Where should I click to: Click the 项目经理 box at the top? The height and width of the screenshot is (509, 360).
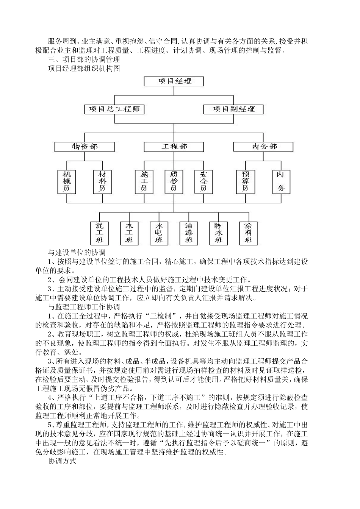(174, 81)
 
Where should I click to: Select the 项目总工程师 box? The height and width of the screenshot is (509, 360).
(114, 109)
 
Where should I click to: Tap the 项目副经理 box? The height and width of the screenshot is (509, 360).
(233, 109)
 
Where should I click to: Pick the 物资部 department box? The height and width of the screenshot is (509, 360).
(85, 147)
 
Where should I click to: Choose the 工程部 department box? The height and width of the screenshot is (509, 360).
(174, 147)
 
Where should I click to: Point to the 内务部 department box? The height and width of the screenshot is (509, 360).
(263, 147)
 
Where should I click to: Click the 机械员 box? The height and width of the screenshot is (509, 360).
(67, 181)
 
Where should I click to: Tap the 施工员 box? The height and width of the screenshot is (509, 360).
(144, 181)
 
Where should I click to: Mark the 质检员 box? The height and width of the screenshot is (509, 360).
(174, 181)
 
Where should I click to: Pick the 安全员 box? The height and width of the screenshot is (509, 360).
(203, 181)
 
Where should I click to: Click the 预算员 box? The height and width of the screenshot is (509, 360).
(245, 181)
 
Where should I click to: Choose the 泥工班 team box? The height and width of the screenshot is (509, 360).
(99, 233)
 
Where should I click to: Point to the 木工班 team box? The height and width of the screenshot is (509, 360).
(129, 233)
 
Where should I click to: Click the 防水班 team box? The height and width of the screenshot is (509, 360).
(219, 233)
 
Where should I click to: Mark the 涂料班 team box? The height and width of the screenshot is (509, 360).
(248, 233)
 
